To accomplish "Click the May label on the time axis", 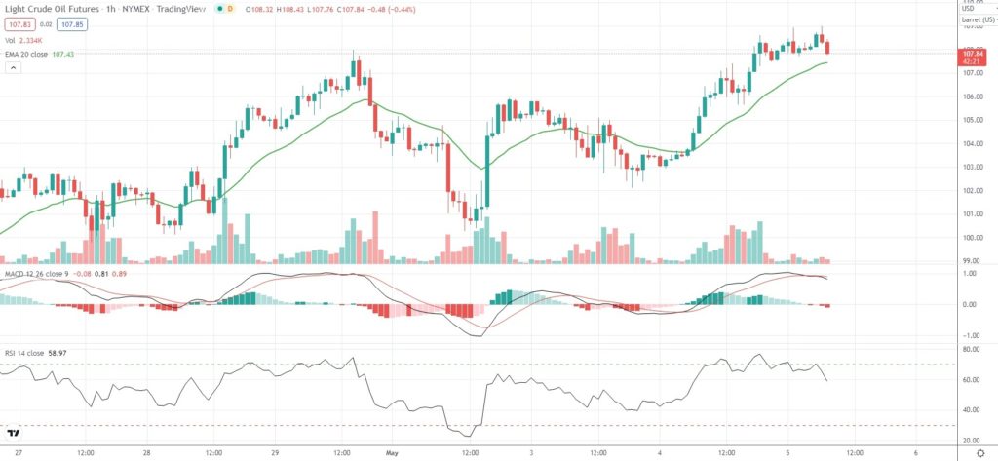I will [391, 453].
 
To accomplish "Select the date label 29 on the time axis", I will [275, 453].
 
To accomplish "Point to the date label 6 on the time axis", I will [916, 453].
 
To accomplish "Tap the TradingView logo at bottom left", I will [14, 434].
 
